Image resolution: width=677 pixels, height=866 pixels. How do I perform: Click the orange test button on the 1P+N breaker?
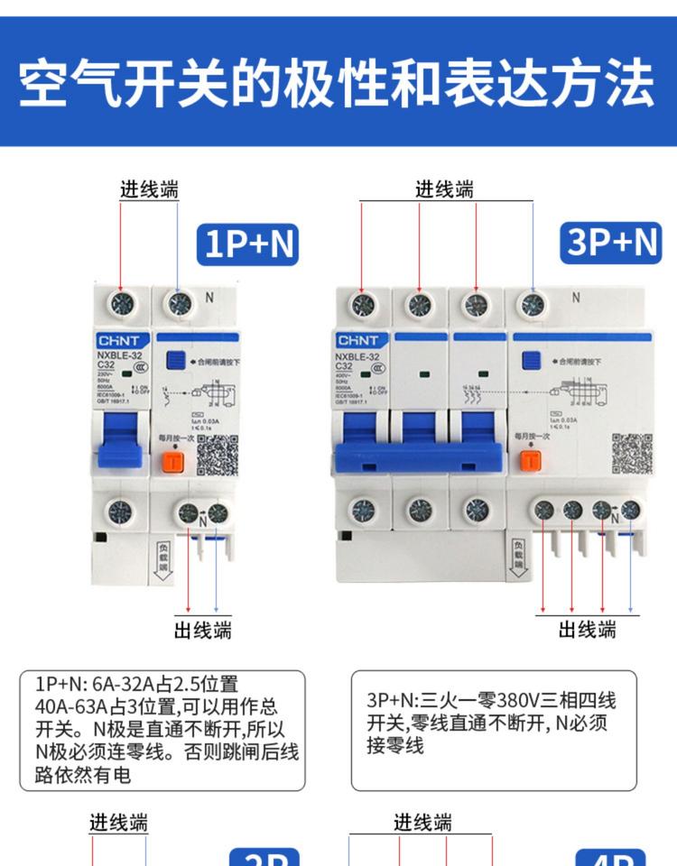pyautogui.click(x=171, y=461)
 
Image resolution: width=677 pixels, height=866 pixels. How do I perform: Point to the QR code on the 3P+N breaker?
pyautogui.click(x=631, y=454)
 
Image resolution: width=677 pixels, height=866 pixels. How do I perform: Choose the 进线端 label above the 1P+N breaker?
pyautogui.click(x=150, y=189)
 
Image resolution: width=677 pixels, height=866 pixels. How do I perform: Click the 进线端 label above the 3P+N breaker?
pyautogui.click(x=444, y=189)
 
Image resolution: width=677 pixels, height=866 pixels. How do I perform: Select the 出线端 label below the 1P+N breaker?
pyautogui.click(x=202, y=630)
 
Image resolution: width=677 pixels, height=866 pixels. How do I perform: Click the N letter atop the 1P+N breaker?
pyautogui.click(x=209, y=297)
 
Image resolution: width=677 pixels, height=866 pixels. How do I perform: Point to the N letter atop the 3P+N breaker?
pyautogui.click(x=575, y=297)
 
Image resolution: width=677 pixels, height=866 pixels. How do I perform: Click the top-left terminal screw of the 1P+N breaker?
pyautogui.click(x=121, y=303)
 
